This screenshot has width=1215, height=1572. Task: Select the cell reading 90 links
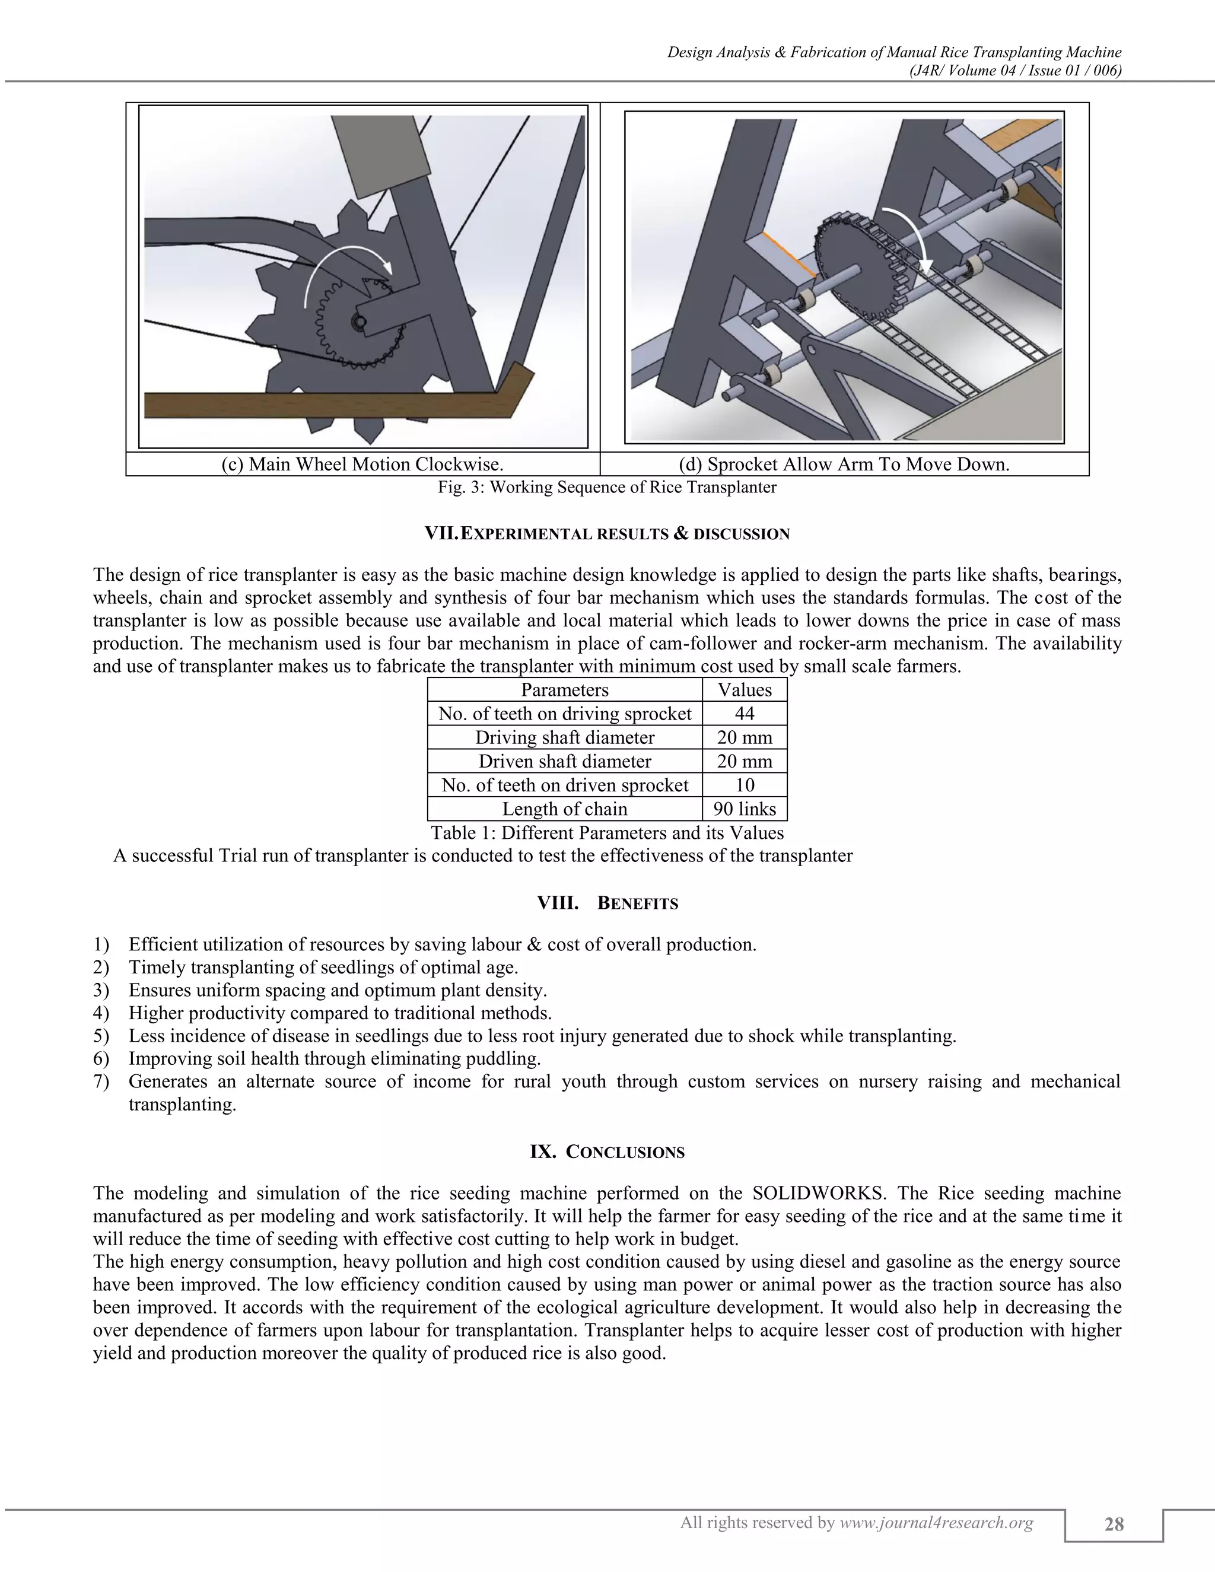coord(745,809)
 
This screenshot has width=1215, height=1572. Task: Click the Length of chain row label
coord(564,809)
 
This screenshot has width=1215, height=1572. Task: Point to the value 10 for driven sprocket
coord(745,785)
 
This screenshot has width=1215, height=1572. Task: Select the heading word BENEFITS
coord(638,903)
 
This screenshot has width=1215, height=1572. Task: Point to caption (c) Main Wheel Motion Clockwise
coord(362,464)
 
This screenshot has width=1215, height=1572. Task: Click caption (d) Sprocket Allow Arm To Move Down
coord(844,464)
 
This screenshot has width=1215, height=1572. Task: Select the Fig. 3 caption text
coord(607,487)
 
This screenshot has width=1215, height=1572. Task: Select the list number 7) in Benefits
coord(101,1081)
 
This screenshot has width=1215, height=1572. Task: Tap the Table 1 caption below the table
coord(607,833)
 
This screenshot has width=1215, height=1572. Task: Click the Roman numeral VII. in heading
coord(441,533)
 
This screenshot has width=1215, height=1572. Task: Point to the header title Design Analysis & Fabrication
coord(894,52)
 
